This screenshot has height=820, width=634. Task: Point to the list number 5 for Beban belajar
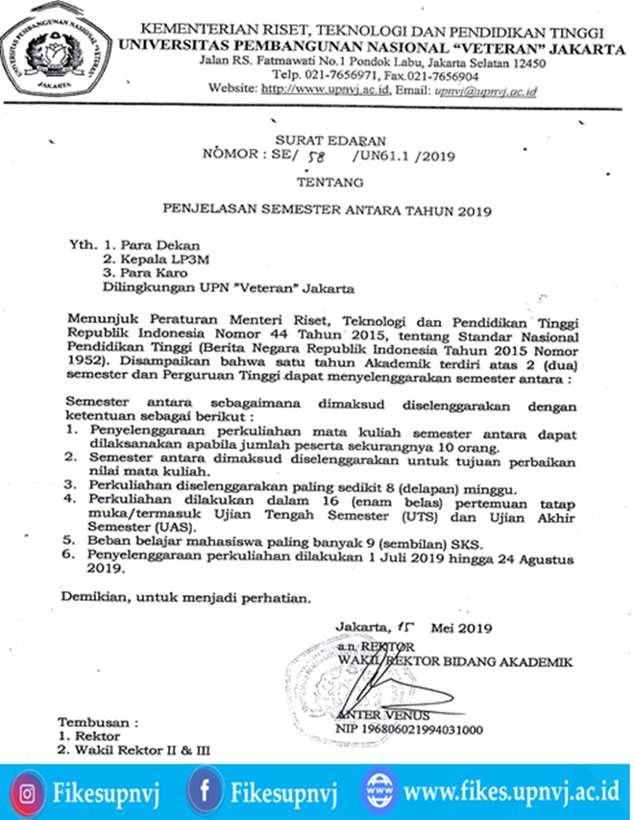(x=72, y=541)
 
